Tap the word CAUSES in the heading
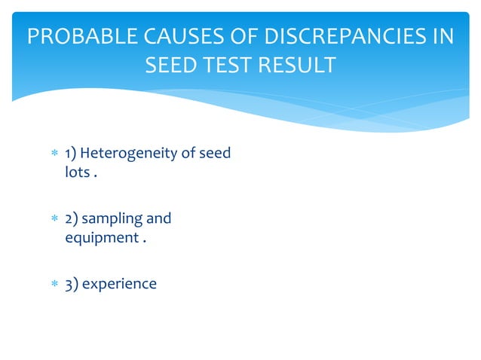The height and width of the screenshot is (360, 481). (x=161, y=36)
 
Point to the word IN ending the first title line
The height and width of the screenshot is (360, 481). (x=441, y=36)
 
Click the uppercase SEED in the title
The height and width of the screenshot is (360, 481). (x=167, y=65)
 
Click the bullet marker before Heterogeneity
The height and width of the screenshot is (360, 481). (x=54, y=154)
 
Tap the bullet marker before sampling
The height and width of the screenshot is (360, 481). (x=54, y=219)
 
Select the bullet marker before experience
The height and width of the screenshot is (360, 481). (x=54, y=284)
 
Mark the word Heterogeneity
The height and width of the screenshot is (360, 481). (x=127, y=154)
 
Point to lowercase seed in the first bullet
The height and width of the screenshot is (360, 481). (x=213, y=154)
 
